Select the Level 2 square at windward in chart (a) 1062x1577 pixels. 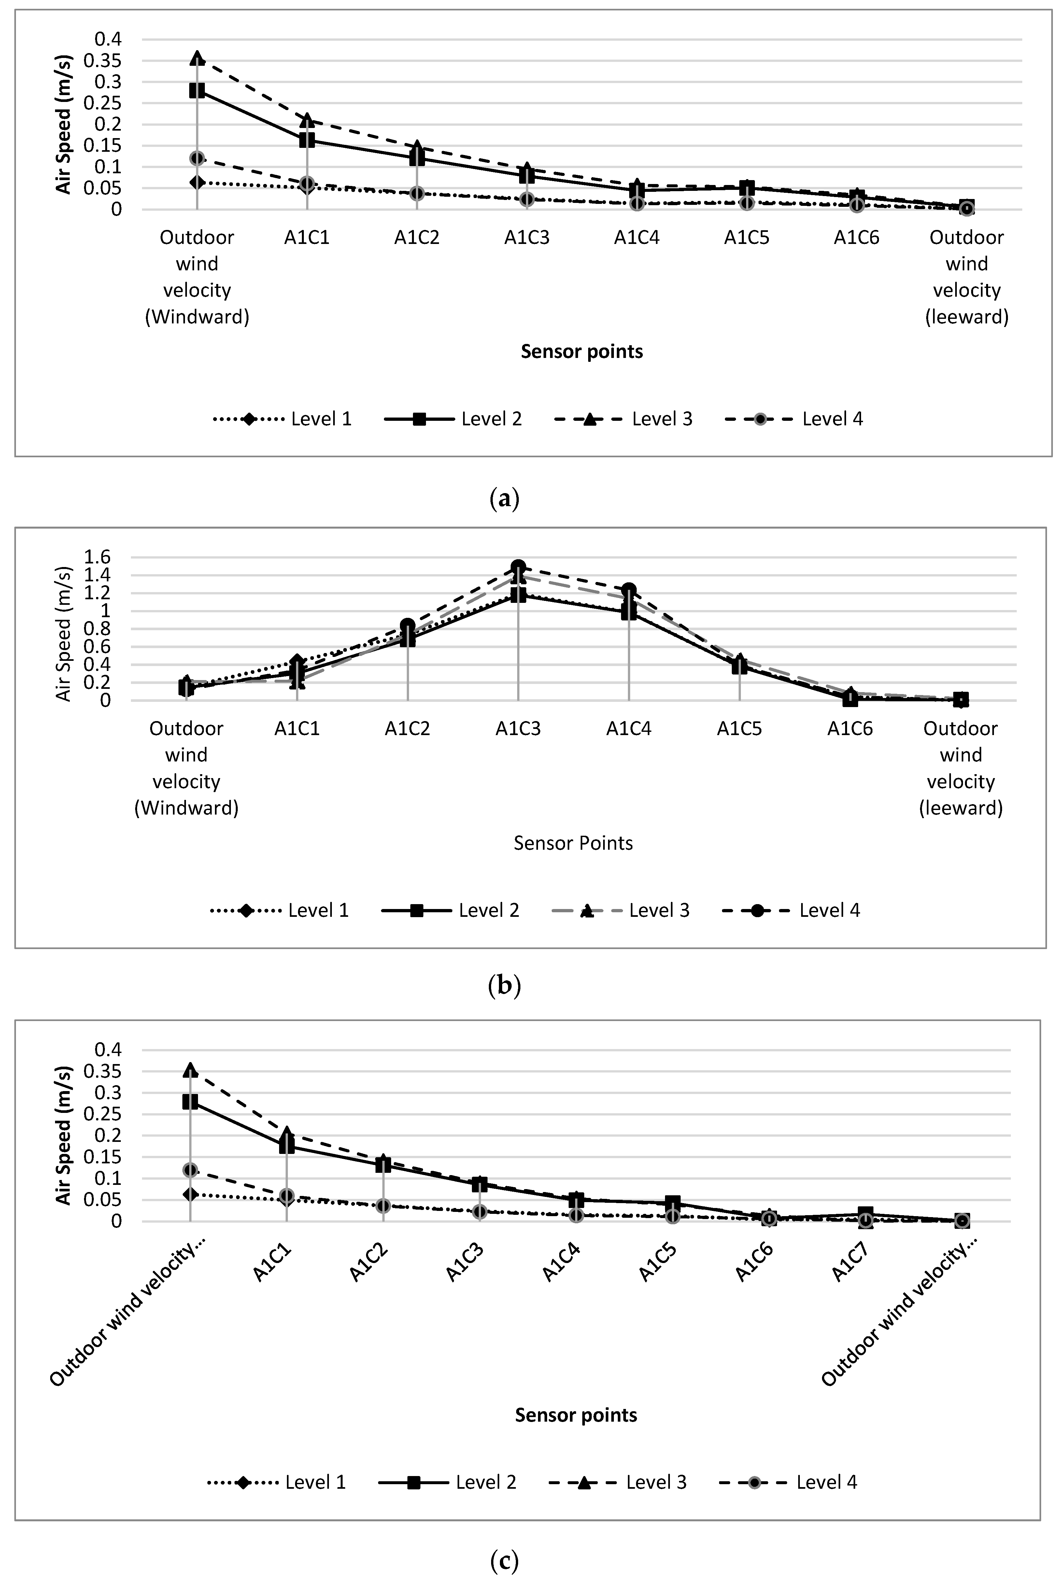click(x=197, y=90)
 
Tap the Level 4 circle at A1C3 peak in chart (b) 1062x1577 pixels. click(x=518, y=567)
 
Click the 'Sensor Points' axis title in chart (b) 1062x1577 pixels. click(x=573, y=843)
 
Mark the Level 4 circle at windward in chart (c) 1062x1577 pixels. click(x=190, y=1170)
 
